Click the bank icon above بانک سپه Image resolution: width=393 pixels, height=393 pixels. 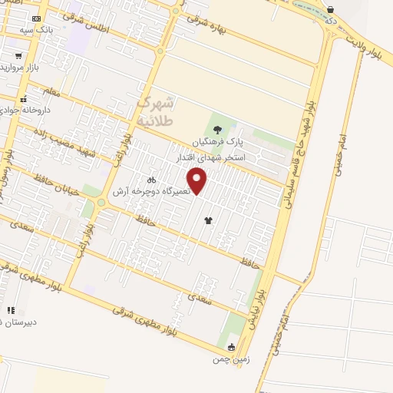(x=36, y=18)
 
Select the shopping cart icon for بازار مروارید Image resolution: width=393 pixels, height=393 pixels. (x=18, y=55)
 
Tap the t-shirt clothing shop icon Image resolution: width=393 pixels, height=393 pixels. (x=208, y=220)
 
